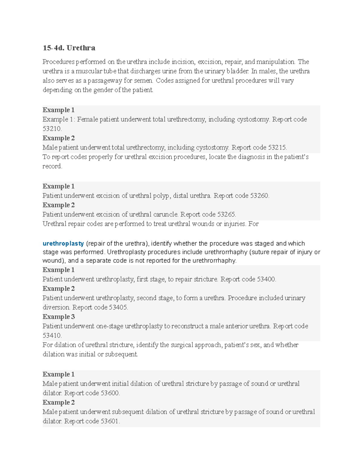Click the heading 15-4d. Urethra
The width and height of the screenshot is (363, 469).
click(x=69, y=48)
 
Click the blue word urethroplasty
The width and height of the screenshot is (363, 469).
click(x=63, y=243)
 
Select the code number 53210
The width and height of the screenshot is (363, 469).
click(x=52, y=129)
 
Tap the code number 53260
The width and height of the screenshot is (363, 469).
click(x=259, y=196)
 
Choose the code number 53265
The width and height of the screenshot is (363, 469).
click(x=226, y=214)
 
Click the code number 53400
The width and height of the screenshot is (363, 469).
click(x=266, y=279)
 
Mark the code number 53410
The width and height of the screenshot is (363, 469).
click(x=52, y=336)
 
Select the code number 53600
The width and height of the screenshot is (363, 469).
click(x=110, y=393)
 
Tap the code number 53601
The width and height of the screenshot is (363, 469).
click(x=110, y=421)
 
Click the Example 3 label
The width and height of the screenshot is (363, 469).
click(x=59, y=317)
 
